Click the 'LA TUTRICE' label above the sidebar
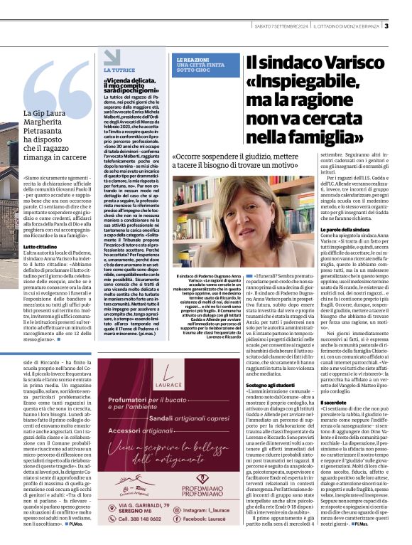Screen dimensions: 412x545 [x=119, y=70]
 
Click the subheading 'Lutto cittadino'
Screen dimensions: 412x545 [x=41, y=244]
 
